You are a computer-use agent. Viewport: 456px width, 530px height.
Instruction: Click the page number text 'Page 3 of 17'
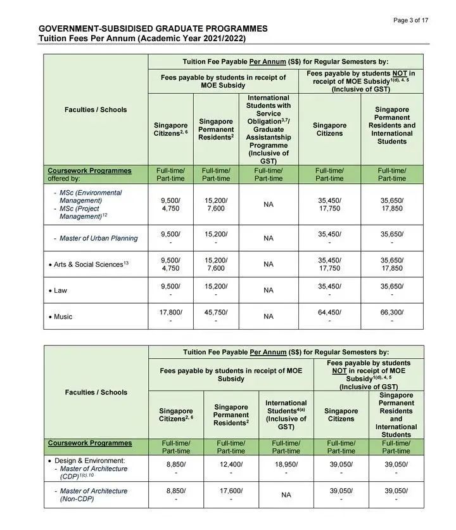[410, 20]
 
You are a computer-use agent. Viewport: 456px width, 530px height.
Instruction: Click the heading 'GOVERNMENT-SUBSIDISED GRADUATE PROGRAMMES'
[153, 29]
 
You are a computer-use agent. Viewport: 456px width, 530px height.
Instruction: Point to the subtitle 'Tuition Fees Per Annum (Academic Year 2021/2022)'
[142, 39]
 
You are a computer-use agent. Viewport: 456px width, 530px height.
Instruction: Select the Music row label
[63, 316]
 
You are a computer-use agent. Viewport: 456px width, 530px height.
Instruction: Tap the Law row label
[61, 290]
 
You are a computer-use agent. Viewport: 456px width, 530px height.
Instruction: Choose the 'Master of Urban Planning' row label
[98, 238]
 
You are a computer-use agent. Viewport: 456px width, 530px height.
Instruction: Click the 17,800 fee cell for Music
[171, 312]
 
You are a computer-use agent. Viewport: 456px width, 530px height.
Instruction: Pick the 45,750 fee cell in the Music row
[216, 312]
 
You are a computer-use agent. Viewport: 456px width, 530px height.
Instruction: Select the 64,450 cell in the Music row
[329, 312]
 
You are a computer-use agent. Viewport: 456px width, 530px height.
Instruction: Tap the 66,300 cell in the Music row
[391, 312]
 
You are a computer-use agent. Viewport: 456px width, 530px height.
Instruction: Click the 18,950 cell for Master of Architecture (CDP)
[286, 465]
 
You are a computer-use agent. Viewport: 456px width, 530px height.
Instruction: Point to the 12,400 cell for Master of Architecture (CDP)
[231, 465]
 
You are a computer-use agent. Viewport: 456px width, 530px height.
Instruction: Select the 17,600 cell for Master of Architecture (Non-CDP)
[231, 491]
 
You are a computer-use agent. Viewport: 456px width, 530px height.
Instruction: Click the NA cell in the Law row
[269, 290]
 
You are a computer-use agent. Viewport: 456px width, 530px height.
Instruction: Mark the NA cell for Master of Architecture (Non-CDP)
[286, 495]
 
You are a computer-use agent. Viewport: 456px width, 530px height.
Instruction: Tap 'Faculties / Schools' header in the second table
[96, 392]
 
